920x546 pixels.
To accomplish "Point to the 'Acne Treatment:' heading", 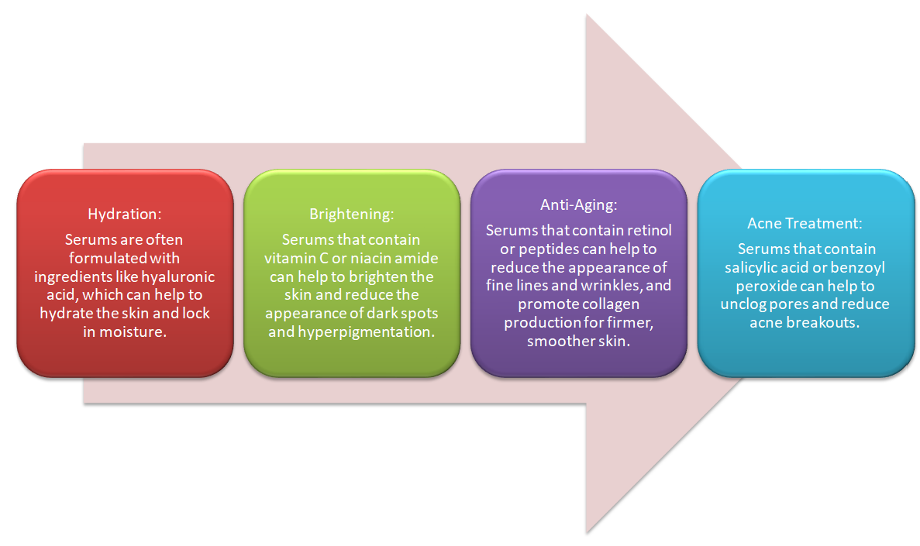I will tap(805, 223).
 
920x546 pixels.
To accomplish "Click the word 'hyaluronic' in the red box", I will tap(180, 276).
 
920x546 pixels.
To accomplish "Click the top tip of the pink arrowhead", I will tap(586, 15).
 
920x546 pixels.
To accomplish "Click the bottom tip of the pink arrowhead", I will tap(586, 532).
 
